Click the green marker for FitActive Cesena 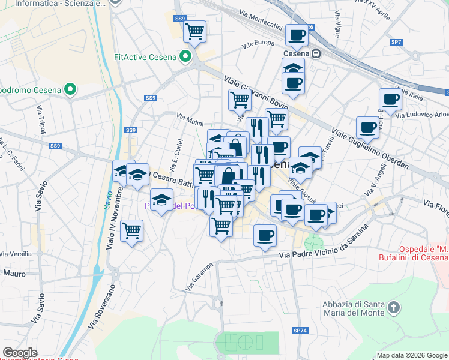(186, 58)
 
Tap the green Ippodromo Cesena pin (71, 91)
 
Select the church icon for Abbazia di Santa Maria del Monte (394, 308)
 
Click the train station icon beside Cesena (316, 53)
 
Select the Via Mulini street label (190, 121)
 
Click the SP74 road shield (300, 330)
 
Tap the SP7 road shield (396, 42)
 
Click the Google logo (20, 353)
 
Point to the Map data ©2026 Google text (412, 355)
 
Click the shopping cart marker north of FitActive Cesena (195, 31)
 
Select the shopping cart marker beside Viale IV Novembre (131, 230)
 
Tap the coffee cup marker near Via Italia (390, 100)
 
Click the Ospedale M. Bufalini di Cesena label (424, 253)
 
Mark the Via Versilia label (16, 254)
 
